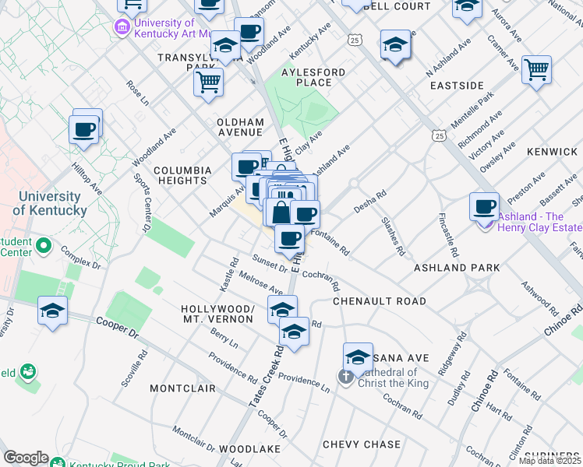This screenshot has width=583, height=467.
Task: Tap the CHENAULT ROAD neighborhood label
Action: pos(380,301)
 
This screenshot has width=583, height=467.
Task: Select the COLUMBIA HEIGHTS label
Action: pos(182,175)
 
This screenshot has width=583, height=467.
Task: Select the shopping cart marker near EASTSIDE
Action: pos(537,71)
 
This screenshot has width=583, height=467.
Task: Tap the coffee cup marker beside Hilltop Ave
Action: pos(84,130)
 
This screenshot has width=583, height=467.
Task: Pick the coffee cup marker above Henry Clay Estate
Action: pos(485,206)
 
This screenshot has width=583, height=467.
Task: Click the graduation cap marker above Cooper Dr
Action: pos(53,311)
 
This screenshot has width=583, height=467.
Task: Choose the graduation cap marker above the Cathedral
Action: pos(358,356)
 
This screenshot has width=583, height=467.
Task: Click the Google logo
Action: pos(26,458)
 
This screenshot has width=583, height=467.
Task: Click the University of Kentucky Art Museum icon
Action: pos(122,28)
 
